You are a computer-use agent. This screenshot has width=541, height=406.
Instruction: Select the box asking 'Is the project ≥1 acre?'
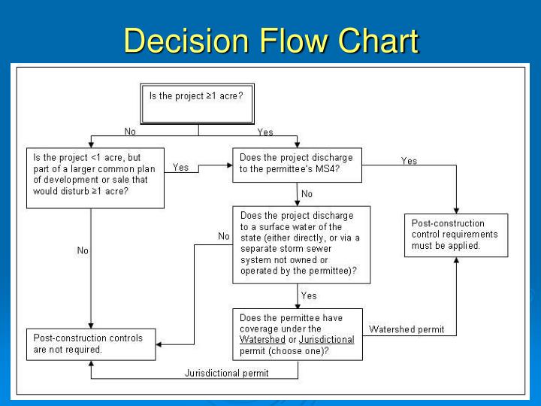198,104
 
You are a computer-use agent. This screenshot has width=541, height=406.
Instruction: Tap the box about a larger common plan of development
95,178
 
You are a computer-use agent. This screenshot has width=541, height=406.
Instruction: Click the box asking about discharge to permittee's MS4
298,164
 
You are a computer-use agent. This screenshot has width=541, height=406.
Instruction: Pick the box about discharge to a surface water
301,244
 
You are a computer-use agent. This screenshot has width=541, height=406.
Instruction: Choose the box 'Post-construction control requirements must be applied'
456,235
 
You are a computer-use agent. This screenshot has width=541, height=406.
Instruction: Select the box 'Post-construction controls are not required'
90,344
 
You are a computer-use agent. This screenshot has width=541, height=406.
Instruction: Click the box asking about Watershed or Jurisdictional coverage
298,334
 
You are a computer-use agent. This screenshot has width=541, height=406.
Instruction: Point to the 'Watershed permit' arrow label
407,329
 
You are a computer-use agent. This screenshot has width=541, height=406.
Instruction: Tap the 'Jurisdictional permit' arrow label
226,373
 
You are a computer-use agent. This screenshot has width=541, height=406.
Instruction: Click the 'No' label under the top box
130,132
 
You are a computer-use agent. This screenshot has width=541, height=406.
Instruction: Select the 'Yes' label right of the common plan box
181,167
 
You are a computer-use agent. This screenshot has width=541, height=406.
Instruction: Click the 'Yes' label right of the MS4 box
409,160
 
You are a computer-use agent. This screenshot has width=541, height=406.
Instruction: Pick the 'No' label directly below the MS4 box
307,194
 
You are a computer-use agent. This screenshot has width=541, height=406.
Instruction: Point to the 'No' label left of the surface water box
223,236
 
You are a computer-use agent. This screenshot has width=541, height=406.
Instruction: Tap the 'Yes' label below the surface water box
309,295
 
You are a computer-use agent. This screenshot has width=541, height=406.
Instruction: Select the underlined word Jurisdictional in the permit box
326,340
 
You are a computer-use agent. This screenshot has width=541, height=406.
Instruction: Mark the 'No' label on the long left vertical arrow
83,250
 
